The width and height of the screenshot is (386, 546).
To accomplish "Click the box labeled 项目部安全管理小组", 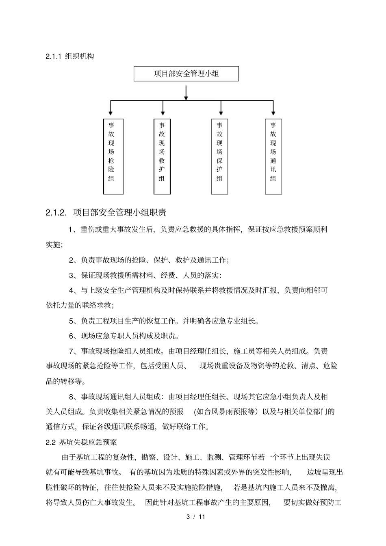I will pos(186,73).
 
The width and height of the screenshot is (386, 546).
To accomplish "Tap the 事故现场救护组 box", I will pos(162,156).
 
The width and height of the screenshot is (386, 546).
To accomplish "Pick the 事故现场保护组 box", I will pos(219,156).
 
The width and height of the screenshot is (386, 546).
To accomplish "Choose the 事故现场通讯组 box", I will pos(273,156).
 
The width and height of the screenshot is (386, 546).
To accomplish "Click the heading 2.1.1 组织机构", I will pos(69,56).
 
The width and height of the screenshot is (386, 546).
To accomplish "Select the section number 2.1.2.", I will pos(56,212).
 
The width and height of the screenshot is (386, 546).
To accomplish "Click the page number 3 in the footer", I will pos(188,517).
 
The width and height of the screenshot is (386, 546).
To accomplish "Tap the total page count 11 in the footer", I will pos(201,517).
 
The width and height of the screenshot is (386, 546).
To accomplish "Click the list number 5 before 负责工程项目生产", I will pos(71,321).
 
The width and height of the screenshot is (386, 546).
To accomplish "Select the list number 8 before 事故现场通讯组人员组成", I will pos(71,397).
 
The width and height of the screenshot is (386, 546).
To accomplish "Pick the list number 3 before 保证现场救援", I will pos(71,276).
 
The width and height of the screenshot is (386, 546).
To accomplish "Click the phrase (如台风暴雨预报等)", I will pos(226,412).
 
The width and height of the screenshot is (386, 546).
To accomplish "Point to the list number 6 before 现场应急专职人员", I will pos(71,336).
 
